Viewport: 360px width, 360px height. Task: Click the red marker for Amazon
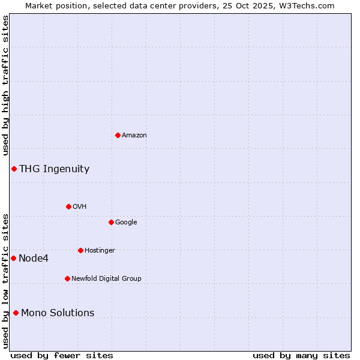118,135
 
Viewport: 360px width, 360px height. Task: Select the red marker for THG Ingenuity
14,169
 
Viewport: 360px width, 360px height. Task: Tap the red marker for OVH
68,206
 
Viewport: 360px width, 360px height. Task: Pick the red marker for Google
111,222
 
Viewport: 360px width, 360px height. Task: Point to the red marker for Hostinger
80,250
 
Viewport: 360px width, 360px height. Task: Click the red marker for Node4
13,258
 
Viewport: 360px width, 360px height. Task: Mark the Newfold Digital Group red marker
67,278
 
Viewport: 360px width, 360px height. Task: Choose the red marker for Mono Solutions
16,313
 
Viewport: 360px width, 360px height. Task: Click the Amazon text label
134,136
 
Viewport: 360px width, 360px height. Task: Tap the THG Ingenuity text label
54,169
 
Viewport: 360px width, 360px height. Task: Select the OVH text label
80,207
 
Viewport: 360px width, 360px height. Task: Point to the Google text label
126,223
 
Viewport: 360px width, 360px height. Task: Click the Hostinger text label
100,251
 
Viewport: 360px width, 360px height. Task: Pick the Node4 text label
34,259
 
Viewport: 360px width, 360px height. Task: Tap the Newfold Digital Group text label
106,279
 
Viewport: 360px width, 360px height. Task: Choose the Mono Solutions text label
58,313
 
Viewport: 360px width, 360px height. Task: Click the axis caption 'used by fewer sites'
62,355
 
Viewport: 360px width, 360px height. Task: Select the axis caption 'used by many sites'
301,355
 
